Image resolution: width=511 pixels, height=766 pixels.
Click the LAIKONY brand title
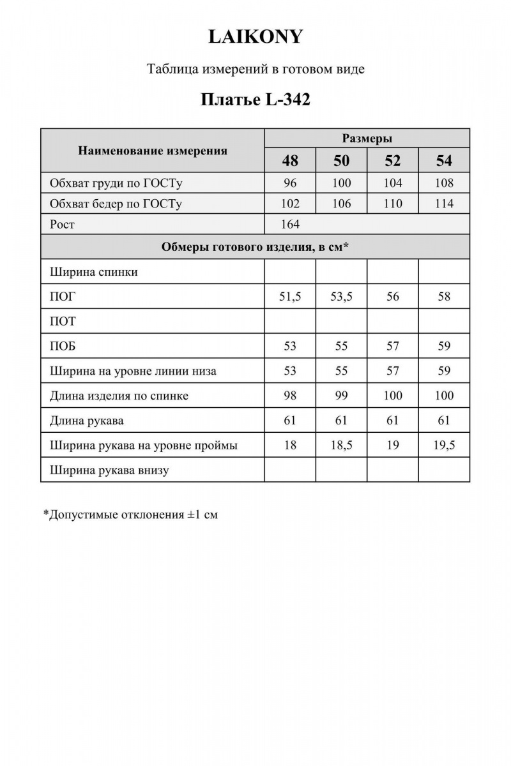click(x=256, y=38)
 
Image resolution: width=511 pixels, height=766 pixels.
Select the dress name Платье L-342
click(x=256, y=100)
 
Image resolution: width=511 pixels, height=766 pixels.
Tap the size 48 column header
click(x=290, y=160)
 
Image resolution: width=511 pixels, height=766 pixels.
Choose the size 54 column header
click(x=443, y=160)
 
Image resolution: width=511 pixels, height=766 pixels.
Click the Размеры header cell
click(x=367, y=139)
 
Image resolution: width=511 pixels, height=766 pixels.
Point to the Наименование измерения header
click(x=153, y=151)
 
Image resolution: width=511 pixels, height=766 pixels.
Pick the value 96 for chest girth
click(x=290, y=183)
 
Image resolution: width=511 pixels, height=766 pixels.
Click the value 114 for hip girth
click(x=443, y=204)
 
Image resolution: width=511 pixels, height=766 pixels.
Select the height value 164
click(x=290, y=224)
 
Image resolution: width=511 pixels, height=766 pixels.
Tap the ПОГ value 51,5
click(x=290, y=296)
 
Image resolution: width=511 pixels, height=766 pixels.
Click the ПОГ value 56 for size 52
click(x=392, y=296)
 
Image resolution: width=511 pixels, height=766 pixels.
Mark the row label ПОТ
click(x=63, y=321)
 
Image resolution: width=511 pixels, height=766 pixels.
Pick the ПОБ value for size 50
click(x=341, y=346)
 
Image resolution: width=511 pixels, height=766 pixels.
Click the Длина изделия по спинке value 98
click(x=290, y=396)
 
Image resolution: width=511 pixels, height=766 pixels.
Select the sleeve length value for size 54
click(x=443, y=420)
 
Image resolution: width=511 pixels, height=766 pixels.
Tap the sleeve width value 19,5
click(x=443, y=446)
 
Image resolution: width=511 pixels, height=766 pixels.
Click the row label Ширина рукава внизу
click(x=109, y=470)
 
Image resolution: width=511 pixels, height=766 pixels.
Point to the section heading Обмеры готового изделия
click(x=255, y=247)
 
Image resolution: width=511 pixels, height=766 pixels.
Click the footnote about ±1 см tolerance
click(x=130, y=514)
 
